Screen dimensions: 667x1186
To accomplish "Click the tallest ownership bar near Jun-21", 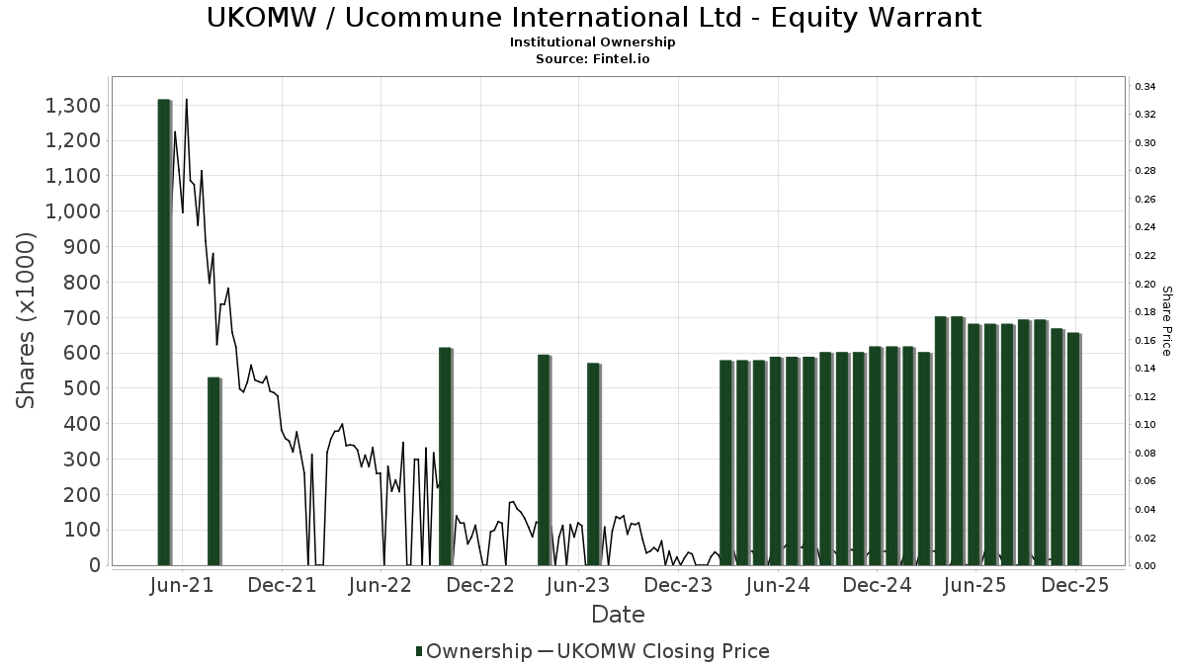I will pos(164,331).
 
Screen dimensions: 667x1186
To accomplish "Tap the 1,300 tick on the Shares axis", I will pos(73,106).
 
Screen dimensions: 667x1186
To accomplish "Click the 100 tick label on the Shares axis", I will pos(81,531).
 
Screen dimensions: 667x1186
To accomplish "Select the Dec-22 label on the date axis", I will pos(480,585).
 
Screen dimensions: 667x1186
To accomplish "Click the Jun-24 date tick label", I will pos(778,585).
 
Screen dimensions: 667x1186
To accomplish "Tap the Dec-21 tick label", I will pos(282,585).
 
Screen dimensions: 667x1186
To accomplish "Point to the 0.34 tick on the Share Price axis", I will pos(1145,87).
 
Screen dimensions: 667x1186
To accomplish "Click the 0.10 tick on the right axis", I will pos(1145,425).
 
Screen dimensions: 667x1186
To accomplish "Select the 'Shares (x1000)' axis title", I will pos(27,320).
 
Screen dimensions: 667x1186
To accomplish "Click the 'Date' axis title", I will pos(618,615).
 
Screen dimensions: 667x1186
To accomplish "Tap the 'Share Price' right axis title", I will pos(1166,320).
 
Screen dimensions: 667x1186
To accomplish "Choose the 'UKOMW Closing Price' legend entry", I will pos(662,651).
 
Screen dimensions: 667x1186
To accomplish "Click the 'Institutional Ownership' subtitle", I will pos(593,42).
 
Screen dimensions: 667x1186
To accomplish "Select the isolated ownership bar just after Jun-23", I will pos(593,463).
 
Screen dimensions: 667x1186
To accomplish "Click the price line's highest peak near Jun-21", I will pos(186,100).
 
